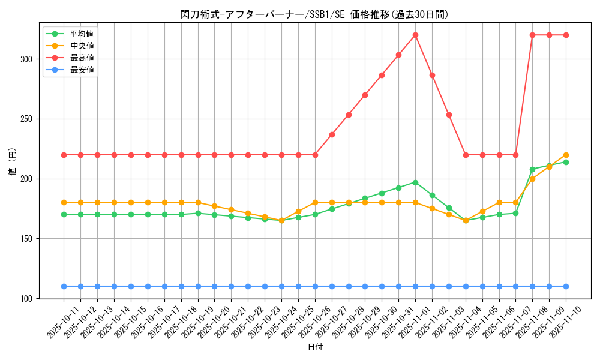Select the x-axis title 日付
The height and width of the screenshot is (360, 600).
(315, 347)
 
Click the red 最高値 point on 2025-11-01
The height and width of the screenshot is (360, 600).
(415, 35)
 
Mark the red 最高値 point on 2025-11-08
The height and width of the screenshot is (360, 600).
(532, 35)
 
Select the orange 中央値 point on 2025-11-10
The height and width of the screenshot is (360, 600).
(566, 155)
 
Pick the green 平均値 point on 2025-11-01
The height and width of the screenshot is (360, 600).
(415, 182)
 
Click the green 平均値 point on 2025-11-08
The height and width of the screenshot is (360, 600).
(532, 169)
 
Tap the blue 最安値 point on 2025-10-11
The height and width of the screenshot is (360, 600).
(64, 286)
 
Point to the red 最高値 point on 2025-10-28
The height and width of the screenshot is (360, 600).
(349, 115)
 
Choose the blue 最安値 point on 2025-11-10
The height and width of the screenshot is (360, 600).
(566, 286)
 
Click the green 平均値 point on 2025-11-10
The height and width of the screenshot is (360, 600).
(566, 162)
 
